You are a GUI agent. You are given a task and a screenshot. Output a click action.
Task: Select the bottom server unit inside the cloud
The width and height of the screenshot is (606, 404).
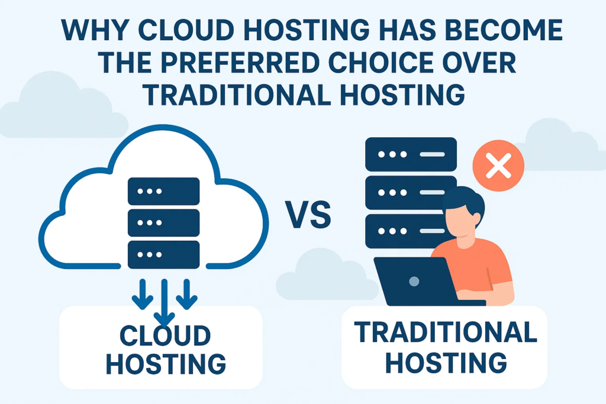coord(163,254)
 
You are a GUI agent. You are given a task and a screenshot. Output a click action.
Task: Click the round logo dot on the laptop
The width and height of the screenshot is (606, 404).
coord(415,280)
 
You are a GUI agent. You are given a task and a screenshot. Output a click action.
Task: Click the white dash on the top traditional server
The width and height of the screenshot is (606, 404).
coord(432,154)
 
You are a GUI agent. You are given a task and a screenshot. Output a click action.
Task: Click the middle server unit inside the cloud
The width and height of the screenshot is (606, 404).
coord(163,222)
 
